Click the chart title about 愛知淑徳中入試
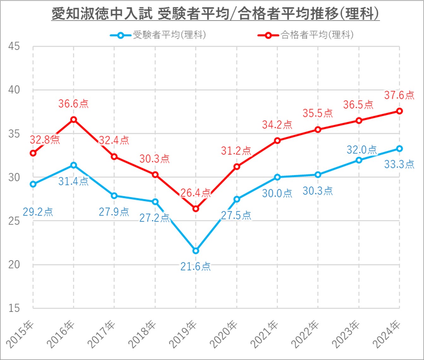[215, 14]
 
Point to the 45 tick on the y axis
[14, 46]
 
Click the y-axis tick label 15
[14, 308]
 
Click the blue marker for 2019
[196, 251]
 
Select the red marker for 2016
[74, 119]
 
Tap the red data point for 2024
[399, 111]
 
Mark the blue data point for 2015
[33, 184]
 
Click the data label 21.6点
[195, 266]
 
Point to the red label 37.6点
[399, 95]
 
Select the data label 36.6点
[74, 104]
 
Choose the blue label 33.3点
[399, 164]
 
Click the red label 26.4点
[195, 193]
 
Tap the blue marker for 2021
[277, 177]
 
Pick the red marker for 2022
[318, 129]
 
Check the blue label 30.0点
[277, 193]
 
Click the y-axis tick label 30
[14, 177]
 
